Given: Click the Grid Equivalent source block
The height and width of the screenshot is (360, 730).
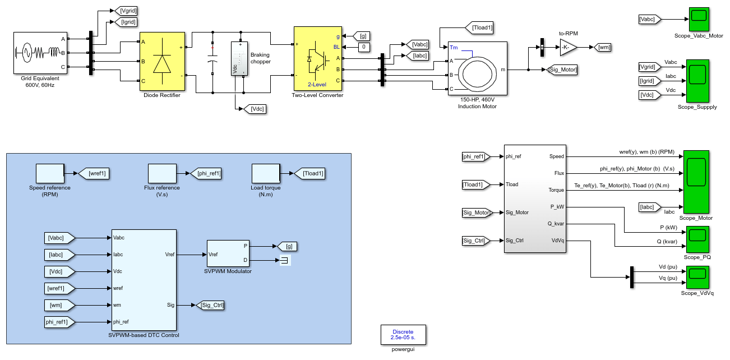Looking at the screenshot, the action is click(40, 53).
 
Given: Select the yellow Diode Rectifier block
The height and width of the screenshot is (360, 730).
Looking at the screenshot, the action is click(162, 61).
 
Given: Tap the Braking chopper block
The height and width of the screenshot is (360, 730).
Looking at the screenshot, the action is click(239, 58).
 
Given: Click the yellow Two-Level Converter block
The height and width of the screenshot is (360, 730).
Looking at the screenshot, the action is click(318, 58).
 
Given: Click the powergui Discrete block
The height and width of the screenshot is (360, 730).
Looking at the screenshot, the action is click(403, 335).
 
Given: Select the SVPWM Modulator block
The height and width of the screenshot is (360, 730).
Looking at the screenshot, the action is click(228, 253).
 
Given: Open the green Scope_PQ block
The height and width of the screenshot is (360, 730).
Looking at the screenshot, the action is click(697, 239).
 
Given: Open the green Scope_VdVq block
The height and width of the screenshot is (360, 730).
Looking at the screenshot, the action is click(697, 277).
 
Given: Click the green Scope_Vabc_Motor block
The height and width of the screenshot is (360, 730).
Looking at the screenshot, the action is click(699, 19).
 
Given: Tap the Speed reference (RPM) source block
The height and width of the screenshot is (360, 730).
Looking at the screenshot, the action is click(50, 174).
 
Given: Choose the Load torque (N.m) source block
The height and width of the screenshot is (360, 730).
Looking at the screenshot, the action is click(266, 174).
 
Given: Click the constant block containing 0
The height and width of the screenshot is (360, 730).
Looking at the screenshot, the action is click(364, 47).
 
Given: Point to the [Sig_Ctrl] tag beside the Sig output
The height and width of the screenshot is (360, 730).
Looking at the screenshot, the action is click(210, 305).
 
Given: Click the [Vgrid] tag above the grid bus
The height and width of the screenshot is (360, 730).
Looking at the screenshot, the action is click(126, 11).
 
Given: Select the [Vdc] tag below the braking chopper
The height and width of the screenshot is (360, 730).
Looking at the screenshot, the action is click(255, 109).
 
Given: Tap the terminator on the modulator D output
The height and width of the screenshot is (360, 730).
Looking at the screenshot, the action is click(285, 260).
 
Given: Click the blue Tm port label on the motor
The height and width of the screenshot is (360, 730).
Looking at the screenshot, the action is click(454, 48).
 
